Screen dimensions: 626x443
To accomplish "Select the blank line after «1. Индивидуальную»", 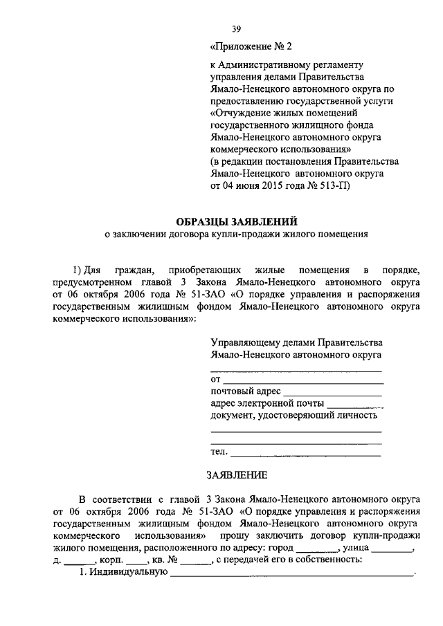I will tap(291, 573).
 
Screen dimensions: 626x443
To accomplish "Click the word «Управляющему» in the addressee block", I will tap(245, 342).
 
